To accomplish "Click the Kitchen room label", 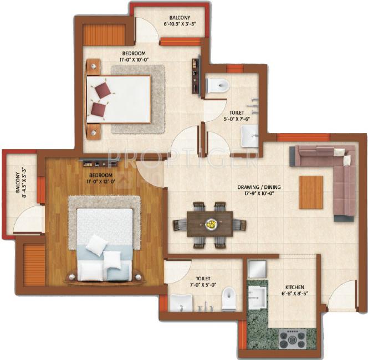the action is pyautogui.click(x=295, y=287).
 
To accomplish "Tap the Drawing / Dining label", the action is pyautogui.click(x=259, y=187).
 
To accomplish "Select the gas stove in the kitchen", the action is pyautogui.click(x=293, y=339).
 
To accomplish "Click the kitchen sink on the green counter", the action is pyautogui.click(x=257, y=298).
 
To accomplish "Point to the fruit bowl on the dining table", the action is pyautogui.click(x=210, y=224).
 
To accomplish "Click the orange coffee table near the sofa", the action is pyautogui.click(x=311, y=192).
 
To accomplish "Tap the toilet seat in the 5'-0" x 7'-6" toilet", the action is pyautogui.click(x=217, y=84).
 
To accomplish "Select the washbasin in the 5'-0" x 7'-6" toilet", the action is pyautogui.click(x=249, y=136).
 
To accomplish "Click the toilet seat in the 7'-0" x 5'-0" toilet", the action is pyautogui.click(x=229, y=299).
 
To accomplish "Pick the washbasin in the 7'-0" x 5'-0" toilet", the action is pyautogui.click(x=181, y=304).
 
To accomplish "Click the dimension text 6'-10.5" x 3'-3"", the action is pyautogui.click(x=180, y=24).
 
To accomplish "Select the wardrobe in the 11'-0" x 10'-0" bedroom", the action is pyautogui.click(x=104, y=35).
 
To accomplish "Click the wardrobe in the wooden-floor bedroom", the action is pyautogui.click(x=34, y=264).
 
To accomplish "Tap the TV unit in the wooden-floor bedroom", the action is pyautogui.click(x=100, y=162).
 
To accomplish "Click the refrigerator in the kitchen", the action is pyautogui.click(x=257, y=269).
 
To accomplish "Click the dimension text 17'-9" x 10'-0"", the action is pyautogui.click(x=259, y=193).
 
